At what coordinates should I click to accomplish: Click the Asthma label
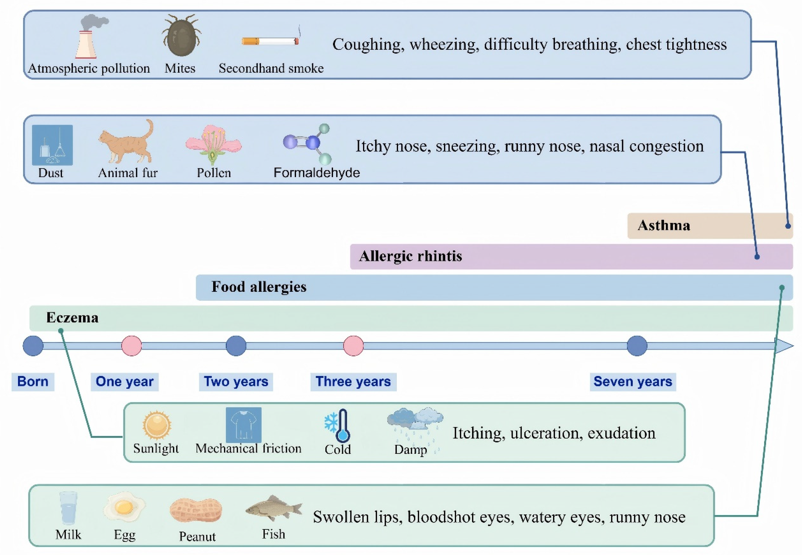(664, 226)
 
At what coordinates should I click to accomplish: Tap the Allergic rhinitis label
(410, 256)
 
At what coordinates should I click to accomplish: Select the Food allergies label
(259, 287)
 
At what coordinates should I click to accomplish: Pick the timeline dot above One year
(131, 346)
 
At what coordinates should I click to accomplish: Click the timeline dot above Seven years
(637, 346)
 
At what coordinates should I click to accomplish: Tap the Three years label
(353, 382)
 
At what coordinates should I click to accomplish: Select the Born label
(33, 382)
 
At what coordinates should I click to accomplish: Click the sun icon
(157, 425)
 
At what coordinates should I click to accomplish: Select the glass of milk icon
(68, 508)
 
